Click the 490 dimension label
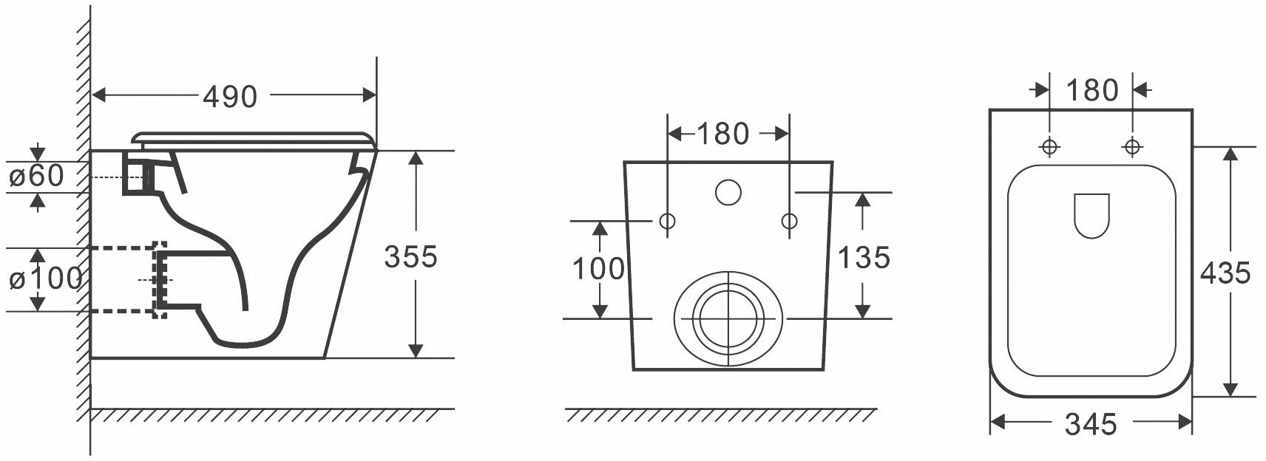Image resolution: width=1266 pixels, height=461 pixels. pyautogui.click(x=230, y=96)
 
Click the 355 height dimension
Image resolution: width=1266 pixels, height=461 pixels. pyautogui.click(x=410, y=256)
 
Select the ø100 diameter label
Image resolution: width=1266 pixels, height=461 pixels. pyautogui.click(x=44, y=279)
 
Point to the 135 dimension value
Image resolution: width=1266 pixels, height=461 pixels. pyautogui.click(x=863, y=257)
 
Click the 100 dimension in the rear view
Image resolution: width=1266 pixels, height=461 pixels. pyautogui.click(x=598, y=269)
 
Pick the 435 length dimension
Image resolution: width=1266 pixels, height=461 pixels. pyautogui.click(x=1225, y=273)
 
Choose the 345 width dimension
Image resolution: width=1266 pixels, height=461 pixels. pyautogui.click(x=1090, y=424)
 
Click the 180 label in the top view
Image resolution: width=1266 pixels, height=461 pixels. pyautogui.click(x=1091, y=91)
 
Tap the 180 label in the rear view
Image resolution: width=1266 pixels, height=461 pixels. pyautogui.click(x=722, y=134)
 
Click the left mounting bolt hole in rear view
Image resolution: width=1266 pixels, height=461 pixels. pyautogui.click(x=667, y=220)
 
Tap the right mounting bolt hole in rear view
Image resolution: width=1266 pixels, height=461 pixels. pyautogui.click(x=789, y=220)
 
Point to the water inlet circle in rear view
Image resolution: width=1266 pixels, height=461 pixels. pyautogui.click(x=728, y=192)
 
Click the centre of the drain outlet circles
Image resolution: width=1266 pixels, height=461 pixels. pyautogui.click(x=728, y=319)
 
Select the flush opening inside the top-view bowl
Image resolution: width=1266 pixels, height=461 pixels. pyautogui.click(x=1091, y=215)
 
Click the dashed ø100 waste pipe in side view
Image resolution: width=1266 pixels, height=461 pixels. pyautogui.click(x=126, y=279)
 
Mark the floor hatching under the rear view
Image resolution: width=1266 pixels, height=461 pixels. pyautogui.click(x=721, y=415)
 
